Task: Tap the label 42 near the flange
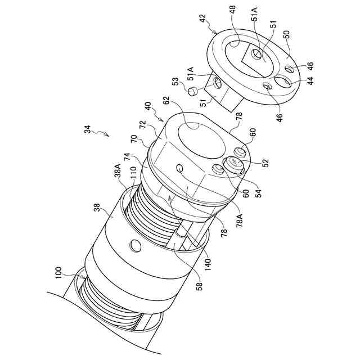202,18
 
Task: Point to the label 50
287,34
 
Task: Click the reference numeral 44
310,80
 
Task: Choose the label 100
58,273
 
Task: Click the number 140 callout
208,264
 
